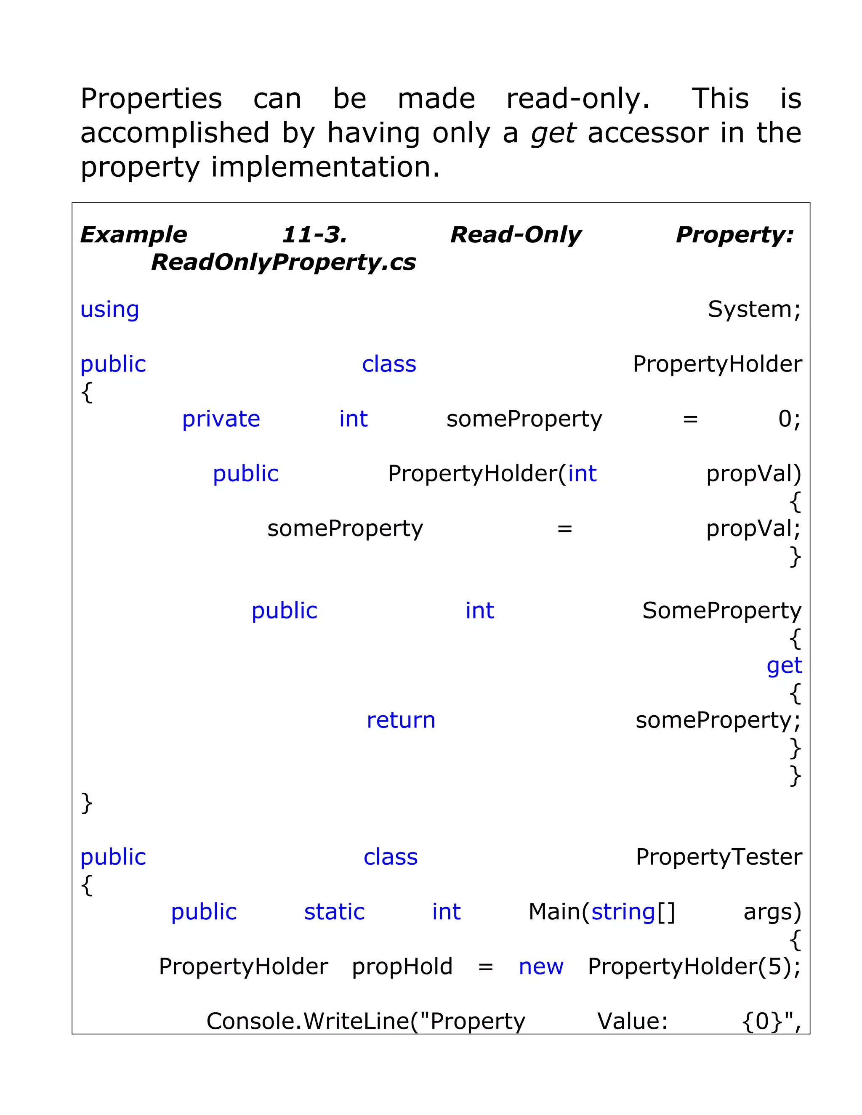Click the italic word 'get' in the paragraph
(x=553, y=134)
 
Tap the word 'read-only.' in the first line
(x=577, y=98)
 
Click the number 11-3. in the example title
(x=314, y=234)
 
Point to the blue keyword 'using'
(x=110, y=309)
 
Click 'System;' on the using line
(x=754, y=309)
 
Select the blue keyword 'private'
(x=221, y=419)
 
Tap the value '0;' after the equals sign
(x=789, y=419)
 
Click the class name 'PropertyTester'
(x=718, y=857)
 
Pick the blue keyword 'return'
(x=401, y=720)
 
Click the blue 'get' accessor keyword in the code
(x=784, y=666)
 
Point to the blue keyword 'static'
(x=335, y=912)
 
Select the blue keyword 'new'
(x=541, y=966)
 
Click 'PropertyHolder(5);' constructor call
(x=694, y=966)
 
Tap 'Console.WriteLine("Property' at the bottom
(x=366, y=1021)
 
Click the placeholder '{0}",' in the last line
(x=771, y=1021)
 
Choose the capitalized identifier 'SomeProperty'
(x=721, y=611)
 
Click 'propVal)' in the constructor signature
(x=753, y=474)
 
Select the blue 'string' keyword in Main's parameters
(x=623, y=912)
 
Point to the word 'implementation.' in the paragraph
(x=325, y=167)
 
